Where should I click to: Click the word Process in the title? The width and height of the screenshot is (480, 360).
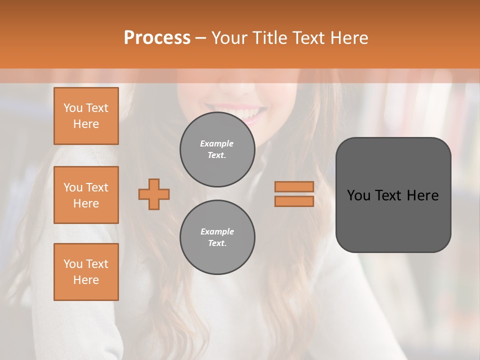point(157,38)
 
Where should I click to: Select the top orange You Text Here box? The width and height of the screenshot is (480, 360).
point(86,116)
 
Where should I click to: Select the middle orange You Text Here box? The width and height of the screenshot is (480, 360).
point(86,195)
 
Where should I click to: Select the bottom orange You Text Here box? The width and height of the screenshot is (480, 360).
point(86,271)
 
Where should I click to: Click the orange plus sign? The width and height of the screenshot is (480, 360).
point(154,194)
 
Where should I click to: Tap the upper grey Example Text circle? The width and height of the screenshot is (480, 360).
point(217,149)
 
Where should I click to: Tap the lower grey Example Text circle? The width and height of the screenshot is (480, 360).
point(217,237)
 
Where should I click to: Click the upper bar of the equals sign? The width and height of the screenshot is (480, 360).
point(294,186)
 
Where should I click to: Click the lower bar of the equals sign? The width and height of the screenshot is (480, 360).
point(294,201)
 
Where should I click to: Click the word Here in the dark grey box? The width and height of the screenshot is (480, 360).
point(422,195)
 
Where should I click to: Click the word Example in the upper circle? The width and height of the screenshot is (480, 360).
point(216,143)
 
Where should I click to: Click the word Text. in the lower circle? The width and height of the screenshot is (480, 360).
point(217,243)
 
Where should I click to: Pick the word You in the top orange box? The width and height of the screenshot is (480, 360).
point(73,108)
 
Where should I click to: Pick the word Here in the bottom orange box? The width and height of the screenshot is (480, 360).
point(86,280)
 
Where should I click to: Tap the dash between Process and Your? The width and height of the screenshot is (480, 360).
point(200,38)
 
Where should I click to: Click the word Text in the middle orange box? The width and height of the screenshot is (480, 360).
point(97,187)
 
